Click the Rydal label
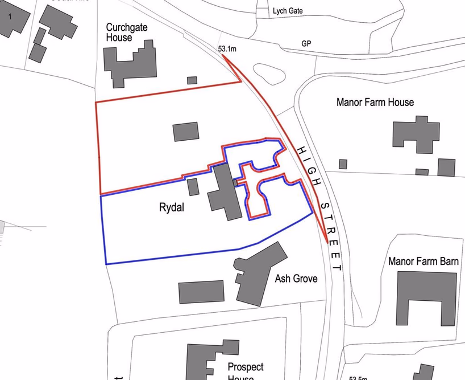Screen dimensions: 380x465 click(x=171, y=208)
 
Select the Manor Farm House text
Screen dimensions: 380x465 click(x=375, y=103)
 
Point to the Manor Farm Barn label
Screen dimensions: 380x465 click(x=424, y=261)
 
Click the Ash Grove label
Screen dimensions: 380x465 click(x=296, y=279)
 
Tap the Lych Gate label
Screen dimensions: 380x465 click(x=288, y=11)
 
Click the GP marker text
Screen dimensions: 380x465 click(x=306, y=44)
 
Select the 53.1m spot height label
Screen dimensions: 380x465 click(x=227, y=49)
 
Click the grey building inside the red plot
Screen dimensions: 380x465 click(x=186, y=132)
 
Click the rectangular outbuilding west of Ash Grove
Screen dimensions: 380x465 click(x=201, y=292)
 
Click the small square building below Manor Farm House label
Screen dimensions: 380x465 click(x=343, y=164)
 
